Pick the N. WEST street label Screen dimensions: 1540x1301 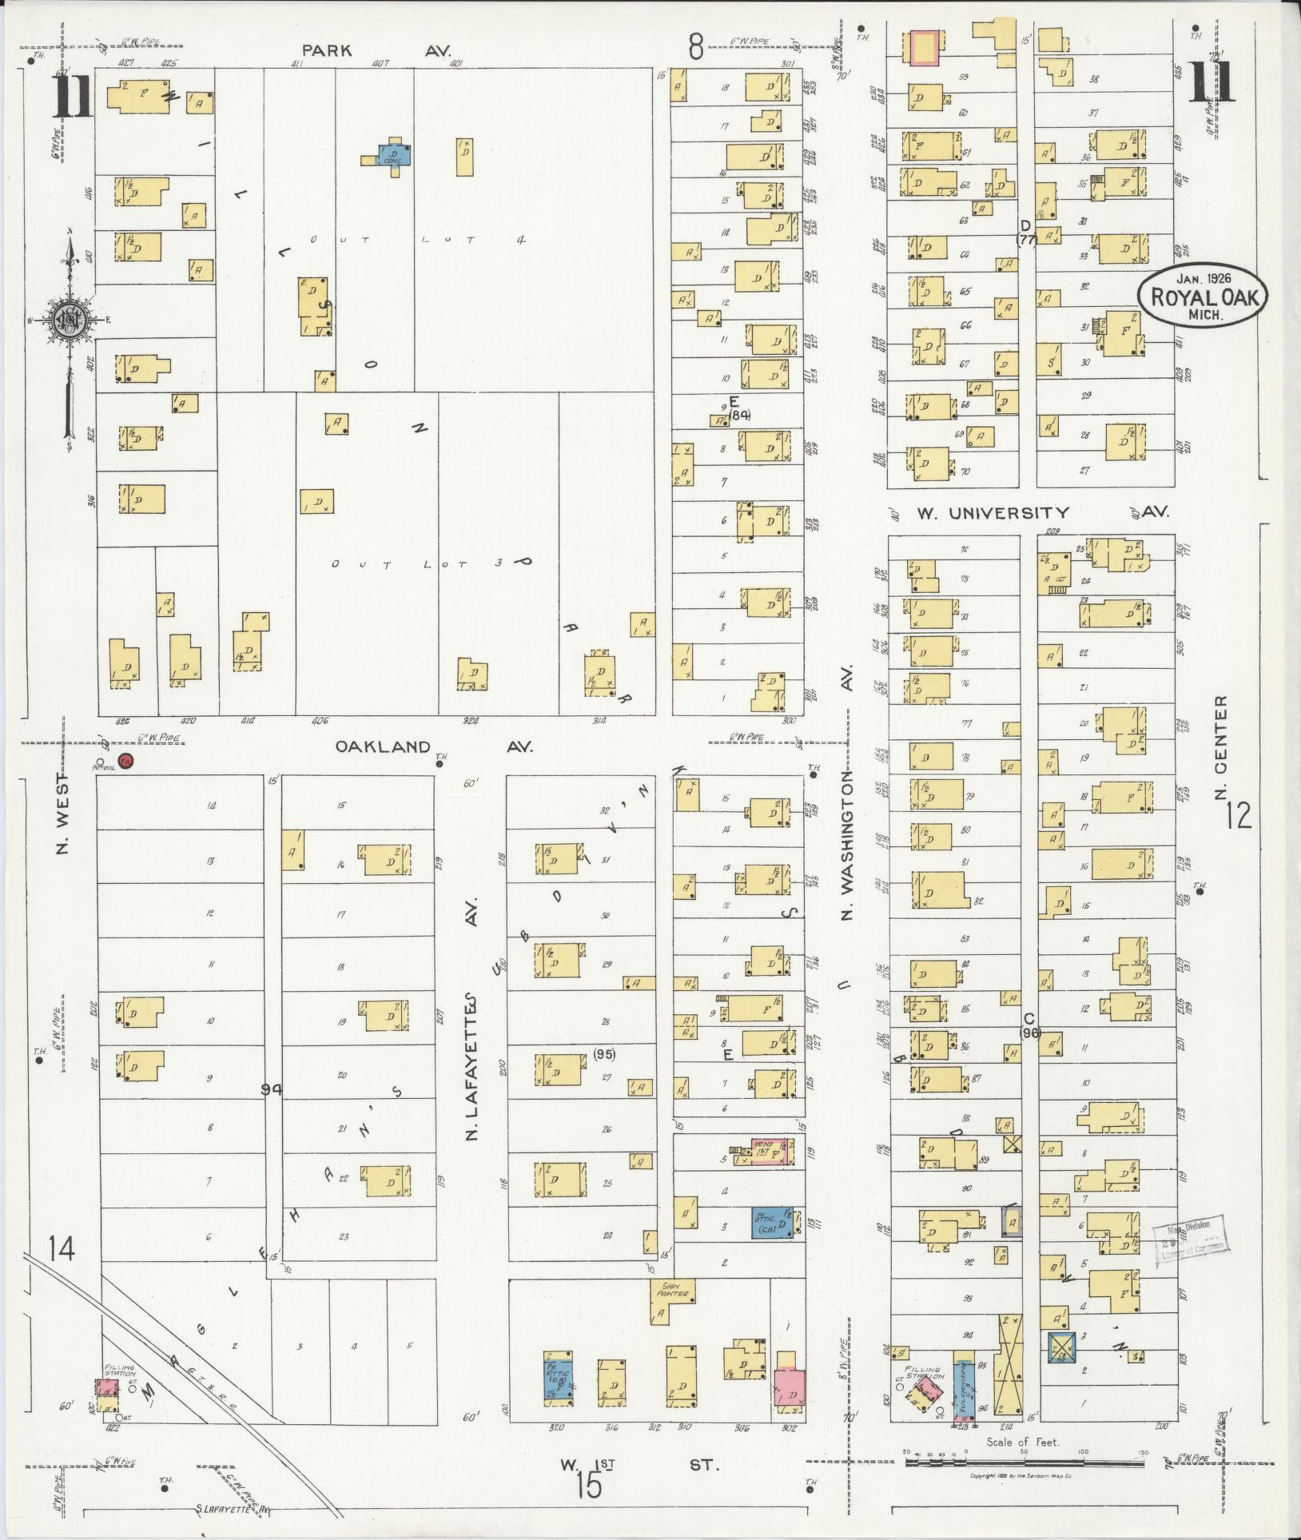[64, 812]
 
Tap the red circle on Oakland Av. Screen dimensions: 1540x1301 [125, 762]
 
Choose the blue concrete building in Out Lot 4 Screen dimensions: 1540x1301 [394, 153]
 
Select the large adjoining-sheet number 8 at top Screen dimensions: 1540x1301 [696, 49]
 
